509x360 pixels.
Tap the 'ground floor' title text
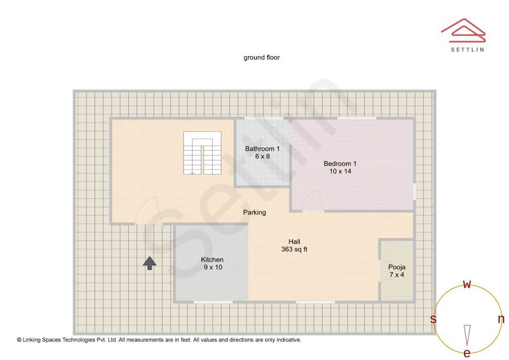tap(262, 57)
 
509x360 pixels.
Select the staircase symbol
tap(202, 153)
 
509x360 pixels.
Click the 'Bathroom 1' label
tap(262, 149)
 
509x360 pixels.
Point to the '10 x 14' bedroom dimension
tap(340, 172)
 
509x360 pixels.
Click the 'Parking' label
tap(254, 213)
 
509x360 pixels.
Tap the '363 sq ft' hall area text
tap(294, 249)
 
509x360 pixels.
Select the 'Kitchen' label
tap(212, 260)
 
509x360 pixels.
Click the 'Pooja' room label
tap(396, 267)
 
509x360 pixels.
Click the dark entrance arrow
tap(149, 263)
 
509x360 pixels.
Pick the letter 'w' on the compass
tap(467, 284)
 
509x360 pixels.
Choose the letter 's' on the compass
tap(433, 319)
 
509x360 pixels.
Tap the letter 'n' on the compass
tap(501, 319)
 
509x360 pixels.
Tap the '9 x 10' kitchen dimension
tap(212, 267)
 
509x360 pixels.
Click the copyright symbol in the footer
tap(19, 340)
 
